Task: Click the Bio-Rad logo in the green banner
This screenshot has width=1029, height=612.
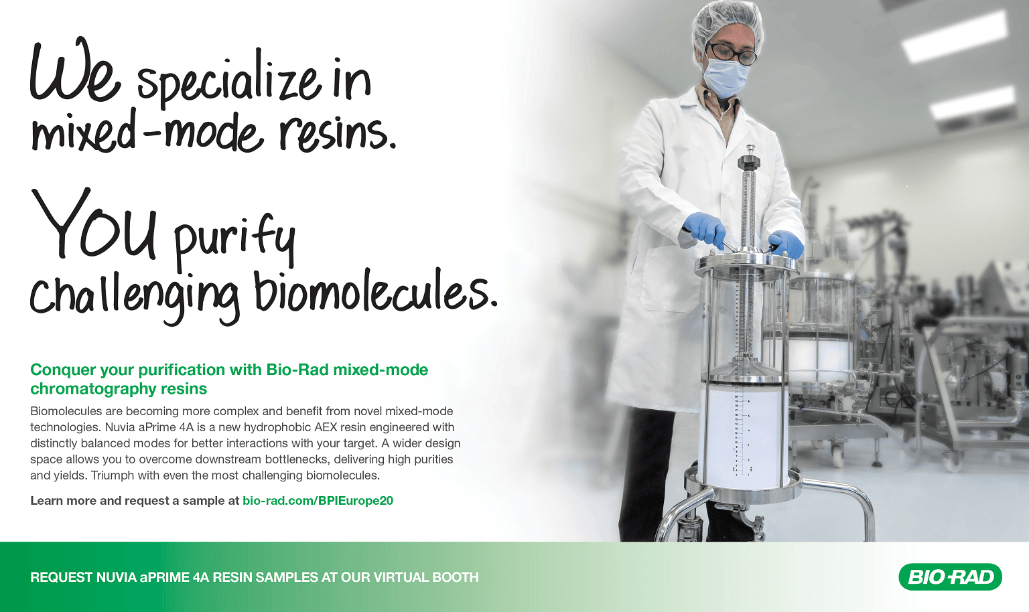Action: [x=950, y=577]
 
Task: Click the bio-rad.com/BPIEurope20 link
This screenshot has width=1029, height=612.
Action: [x=318, y=500]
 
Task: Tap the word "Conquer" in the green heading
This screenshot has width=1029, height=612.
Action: [x=63, y=370]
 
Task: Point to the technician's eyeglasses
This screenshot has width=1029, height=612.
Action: [x=732, y=54]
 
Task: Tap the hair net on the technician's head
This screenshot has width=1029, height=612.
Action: [x=727, y=25]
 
